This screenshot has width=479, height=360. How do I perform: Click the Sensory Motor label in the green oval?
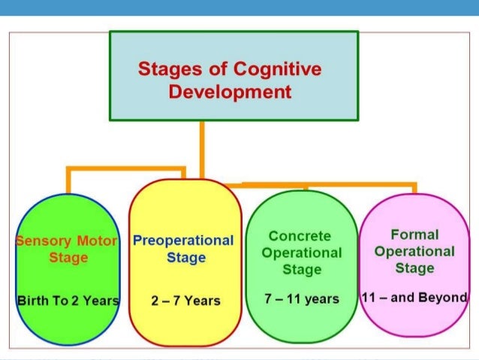pos(67,241)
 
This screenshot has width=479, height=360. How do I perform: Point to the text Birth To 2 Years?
pos(68,301)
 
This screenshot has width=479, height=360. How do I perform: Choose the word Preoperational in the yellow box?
pos(183,241)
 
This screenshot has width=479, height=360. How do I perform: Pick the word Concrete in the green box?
pos(300,237)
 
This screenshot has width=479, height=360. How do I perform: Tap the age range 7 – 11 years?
pos(302,298)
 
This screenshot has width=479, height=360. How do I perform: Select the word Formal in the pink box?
pos(414,234)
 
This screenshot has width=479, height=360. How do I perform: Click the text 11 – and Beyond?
pos(414,298)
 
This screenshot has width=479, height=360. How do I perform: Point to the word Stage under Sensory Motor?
pos(69,258)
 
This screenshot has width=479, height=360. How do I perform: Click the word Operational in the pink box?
pos(414,251)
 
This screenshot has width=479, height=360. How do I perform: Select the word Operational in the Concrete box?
pos(301,253)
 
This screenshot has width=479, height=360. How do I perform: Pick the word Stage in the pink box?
pos(414,268)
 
